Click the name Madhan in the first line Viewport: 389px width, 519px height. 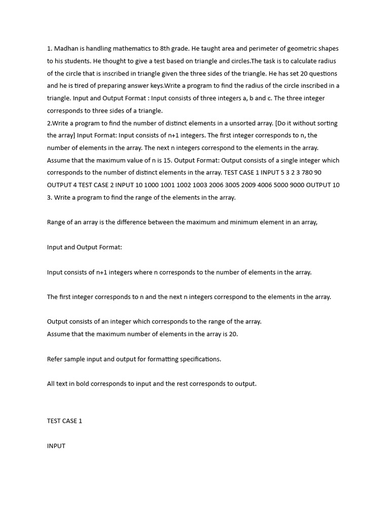coord(66,49)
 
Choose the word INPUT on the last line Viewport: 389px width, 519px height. coord(56,446)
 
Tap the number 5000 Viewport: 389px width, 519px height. coord(273,185)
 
